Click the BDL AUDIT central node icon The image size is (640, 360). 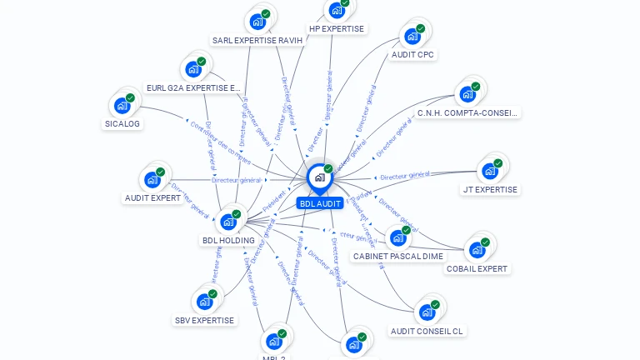click(x=319, y=177)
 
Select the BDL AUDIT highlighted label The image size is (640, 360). click(x=320, y=203)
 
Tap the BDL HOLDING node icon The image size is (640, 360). click(x=228, y=222)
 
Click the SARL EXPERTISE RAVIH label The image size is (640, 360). click(x=257, y=40)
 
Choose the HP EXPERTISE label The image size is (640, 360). click(x=337, y=28)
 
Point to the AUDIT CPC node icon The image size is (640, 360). click(x=412, y=37)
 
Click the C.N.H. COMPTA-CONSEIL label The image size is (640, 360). click(x=467, y=112)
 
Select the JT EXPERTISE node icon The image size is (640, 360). click(x=490, y=171)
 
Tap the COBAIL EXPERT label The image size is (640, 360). click(x=477, y=268)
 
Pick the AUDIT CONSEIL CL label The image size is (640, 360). click(x=427, y=331)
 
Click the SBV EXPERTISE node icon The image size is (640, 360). click(x=204, y=302)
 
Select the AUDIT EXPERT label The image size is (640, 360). click(x=152, y=198)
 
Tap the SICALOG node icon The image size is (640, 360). click(x=122, y=106)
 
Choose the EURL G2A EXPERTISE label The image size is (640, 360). click(x=193, y=87)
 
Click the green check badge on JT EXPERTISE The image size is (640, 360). click(x=497, y=163)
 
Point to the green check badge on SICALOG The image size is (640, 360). click(x=130, y=98)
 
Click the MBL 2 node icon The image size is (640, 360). click(x=273, y=341)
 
